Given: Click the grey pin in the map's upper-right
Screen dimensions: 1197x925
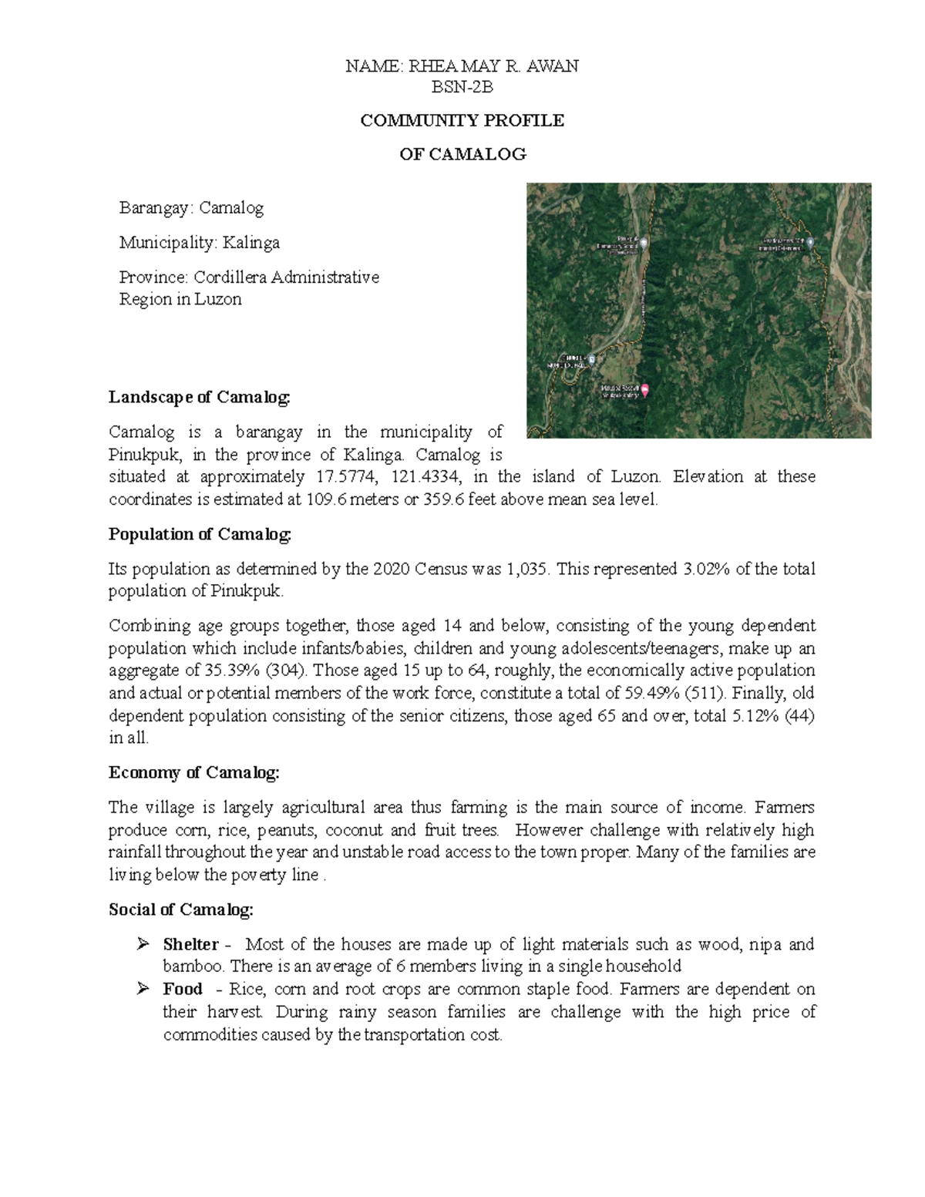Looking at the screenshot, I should tap(810, 242).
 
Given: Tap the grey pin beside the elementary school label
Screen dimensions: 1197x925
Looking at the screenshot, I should tap(644, 242).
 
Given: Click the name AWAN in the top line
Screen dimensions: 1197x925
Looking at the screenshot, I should tap(553, 66).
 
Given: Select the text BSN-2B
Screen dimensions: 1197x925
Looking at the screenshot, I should tap(462, 87).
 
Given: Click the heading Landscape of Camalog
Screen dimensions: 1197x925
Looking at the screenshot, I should tap(200, 398).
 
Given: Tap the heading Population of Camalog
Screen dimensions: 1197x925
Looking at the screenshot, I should tap(200, 534).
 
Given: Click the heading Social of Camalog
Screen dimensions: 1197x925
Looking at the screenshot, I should tap(180, 910).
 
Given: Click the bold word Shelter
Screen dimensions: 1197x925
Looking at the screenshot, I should tap(190, 944).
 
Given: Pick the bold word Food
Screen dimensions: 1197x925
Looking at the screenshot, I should tap(183, 989).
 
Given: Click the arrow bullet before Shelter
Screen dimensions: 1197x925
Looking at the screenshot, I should tap(143, 944).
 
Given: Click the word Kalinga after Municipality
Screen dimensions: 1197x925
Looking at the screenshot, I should tap(251, 243).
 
